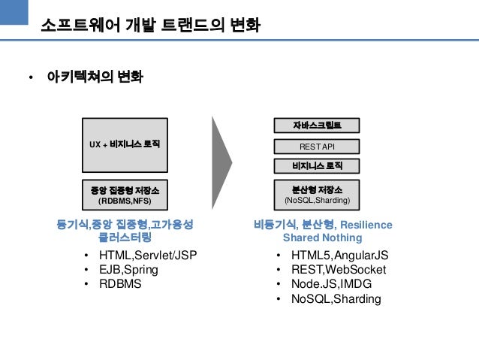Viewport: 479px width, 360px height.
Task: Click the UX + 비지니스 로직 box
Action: (x=125, y=143)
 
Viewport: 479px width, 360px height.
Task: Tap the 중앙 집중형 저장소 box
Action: (x=125, y=195)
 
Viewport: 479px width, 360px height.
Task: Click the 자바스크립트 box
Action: (x=316, y=126)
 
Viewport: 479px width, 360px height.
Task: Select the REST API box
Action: (x=316, y=146)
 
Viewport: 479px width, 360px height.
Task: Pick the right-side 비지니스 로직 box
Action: (x=316, y=165)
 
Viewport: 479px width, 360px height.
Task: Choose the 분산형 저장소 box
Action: (x=316, y=195)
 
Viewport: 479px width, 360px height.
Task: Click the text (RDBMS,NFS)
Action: (x=125, y=201)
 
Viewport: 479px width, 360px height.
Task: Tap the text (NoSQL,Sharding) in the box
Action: (x=316, y=201)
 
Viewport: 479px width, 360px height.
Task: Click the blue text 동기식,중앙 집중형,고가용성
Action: (x=125, y=224)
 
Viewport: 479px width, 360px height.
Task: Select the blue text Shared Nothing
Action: (x=323, y=238)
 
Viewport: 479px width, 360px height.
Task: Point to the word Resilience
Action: (x=367, y=224)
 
